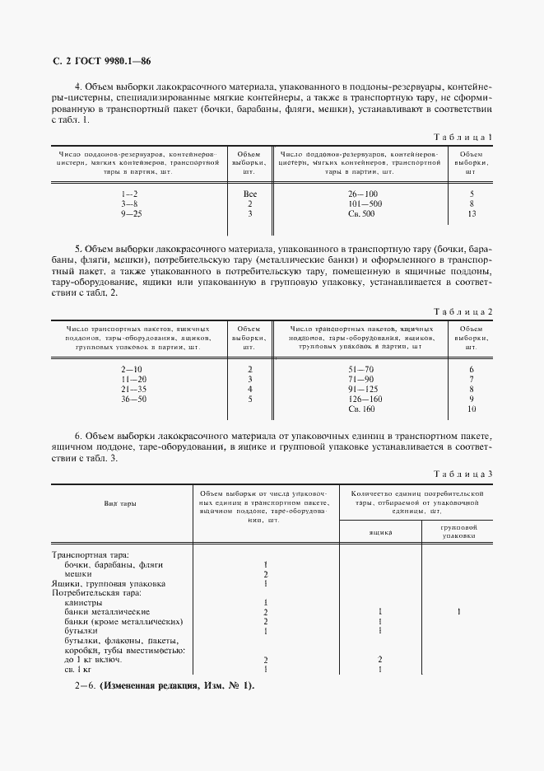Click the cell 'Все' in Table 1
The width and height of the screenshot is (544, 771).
[250, 193]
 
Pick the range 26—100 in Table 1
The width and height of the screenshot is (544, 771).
[363, 193]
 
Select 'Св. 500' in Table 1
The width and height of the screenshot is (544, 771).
[363, 213]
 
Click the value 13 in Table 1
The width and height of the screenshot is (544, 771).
[472, 213]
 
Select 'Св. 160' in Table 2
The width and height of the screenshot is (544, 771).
[362, 409]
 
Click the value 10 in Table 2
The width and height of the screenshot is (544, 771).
[472, 409]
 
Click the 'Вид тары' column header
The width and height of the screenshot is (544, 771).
[120, 502]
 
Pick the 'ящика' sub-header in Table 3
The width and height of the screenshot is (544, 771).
[379, 532]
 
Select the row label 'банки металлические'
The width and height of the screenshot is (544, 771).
[107, 612]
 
